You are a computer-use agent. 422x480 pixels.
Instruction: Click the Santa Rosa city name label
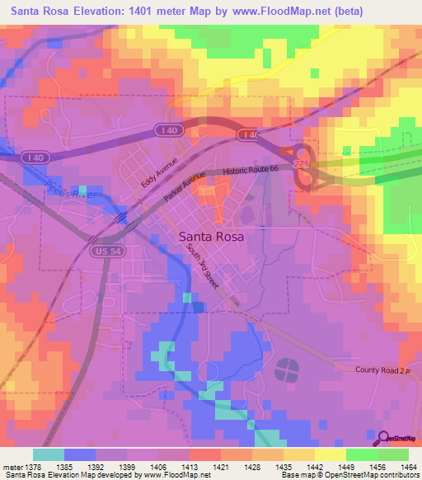211,235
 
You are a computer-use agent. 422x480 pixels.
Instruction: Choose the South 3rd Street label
202,265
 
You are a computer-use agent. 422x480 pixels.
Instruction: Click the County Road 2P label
382,370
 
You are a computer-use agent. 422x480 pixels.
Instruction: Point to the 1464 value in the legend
408,467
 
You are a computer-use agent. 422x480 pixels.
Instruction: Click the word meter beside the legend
12,467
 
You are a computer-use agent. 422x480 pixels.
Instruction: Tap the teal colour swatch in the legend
48,454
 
